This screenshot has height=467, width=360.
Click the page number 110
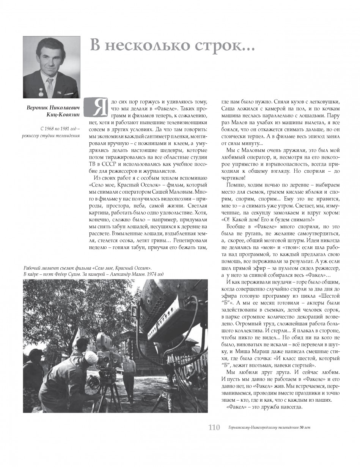pos(214,428)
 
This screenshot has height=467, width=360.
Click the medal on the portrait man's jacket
pos(35,92)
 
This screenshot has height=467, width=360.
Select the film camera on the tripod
pos(105,347)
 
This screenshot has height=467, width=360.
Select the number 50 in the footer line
pos(301,428)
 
